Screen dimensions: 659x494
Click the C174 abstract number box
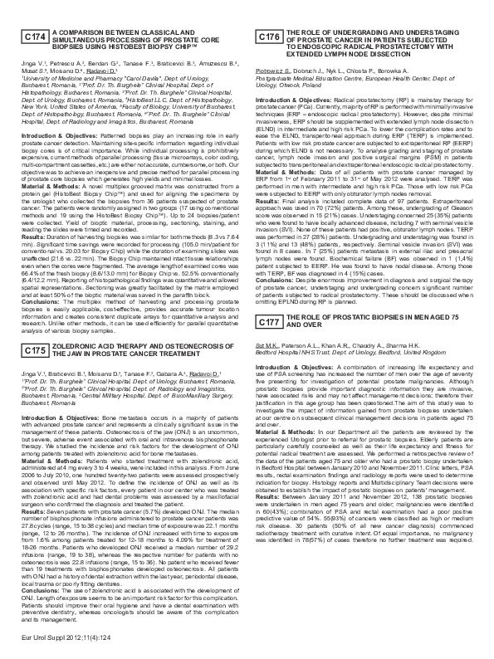click(x=35, y=37)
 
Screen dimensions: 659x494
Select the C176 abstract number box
click(x=268, y=37)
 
